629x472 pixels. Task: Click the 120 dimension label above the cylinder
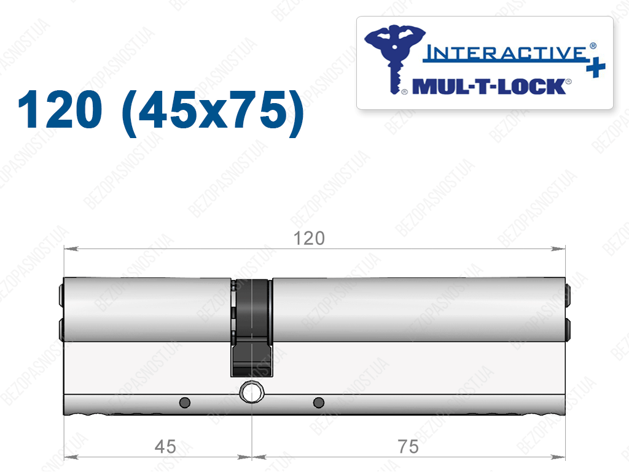pos(309,238)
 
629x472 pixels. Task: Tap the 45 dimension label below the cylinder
pos(165,447)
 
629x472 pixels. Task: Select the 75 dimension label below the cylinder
pos(408,447)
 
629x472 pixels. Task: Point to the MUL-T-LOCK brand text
pos(489,87)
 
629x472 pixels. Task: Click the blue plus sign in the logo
pos(596,66)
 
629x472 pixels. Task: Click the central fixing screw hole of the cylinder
pos(251,392)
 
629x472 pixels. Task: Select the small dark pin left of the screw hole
pos(184,402)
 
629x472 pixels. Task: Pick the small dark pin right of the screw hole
pos(319,402)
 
